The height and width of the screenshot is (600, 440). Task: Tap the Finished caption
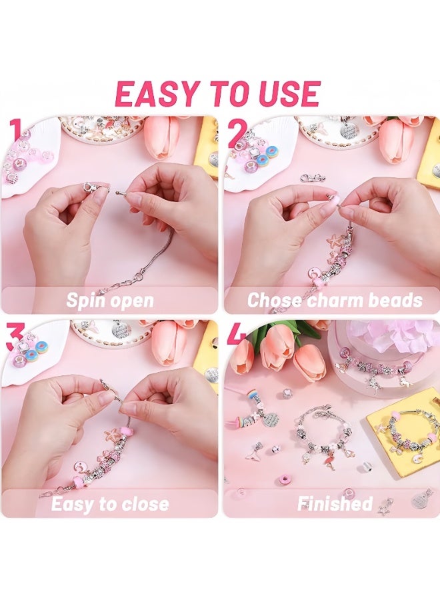(335, 503)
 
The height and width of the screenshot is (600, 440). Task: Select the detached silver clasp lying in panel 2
(313, 178)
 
